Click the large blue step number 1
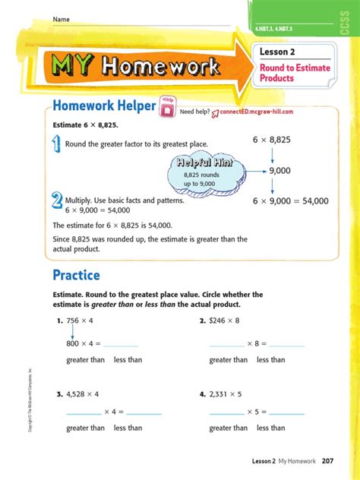pyautogui.click(x=57, y=144)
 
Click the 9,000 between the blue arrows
pyautogui.click(x=280, y=172)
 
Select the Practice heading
pyautogui.click(x=76, y=274)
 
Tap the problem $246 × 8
pyautogui.click(x=223, y=321)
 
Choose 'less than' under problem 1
pyautogui.click(x=128, y=359)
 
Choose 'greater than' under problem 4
pyautogui.click(x=229, y=428)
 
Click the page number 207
pyautogui.click(x=328, y=461)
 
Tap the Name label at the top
pyautogui.click(x=61, y=18)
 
